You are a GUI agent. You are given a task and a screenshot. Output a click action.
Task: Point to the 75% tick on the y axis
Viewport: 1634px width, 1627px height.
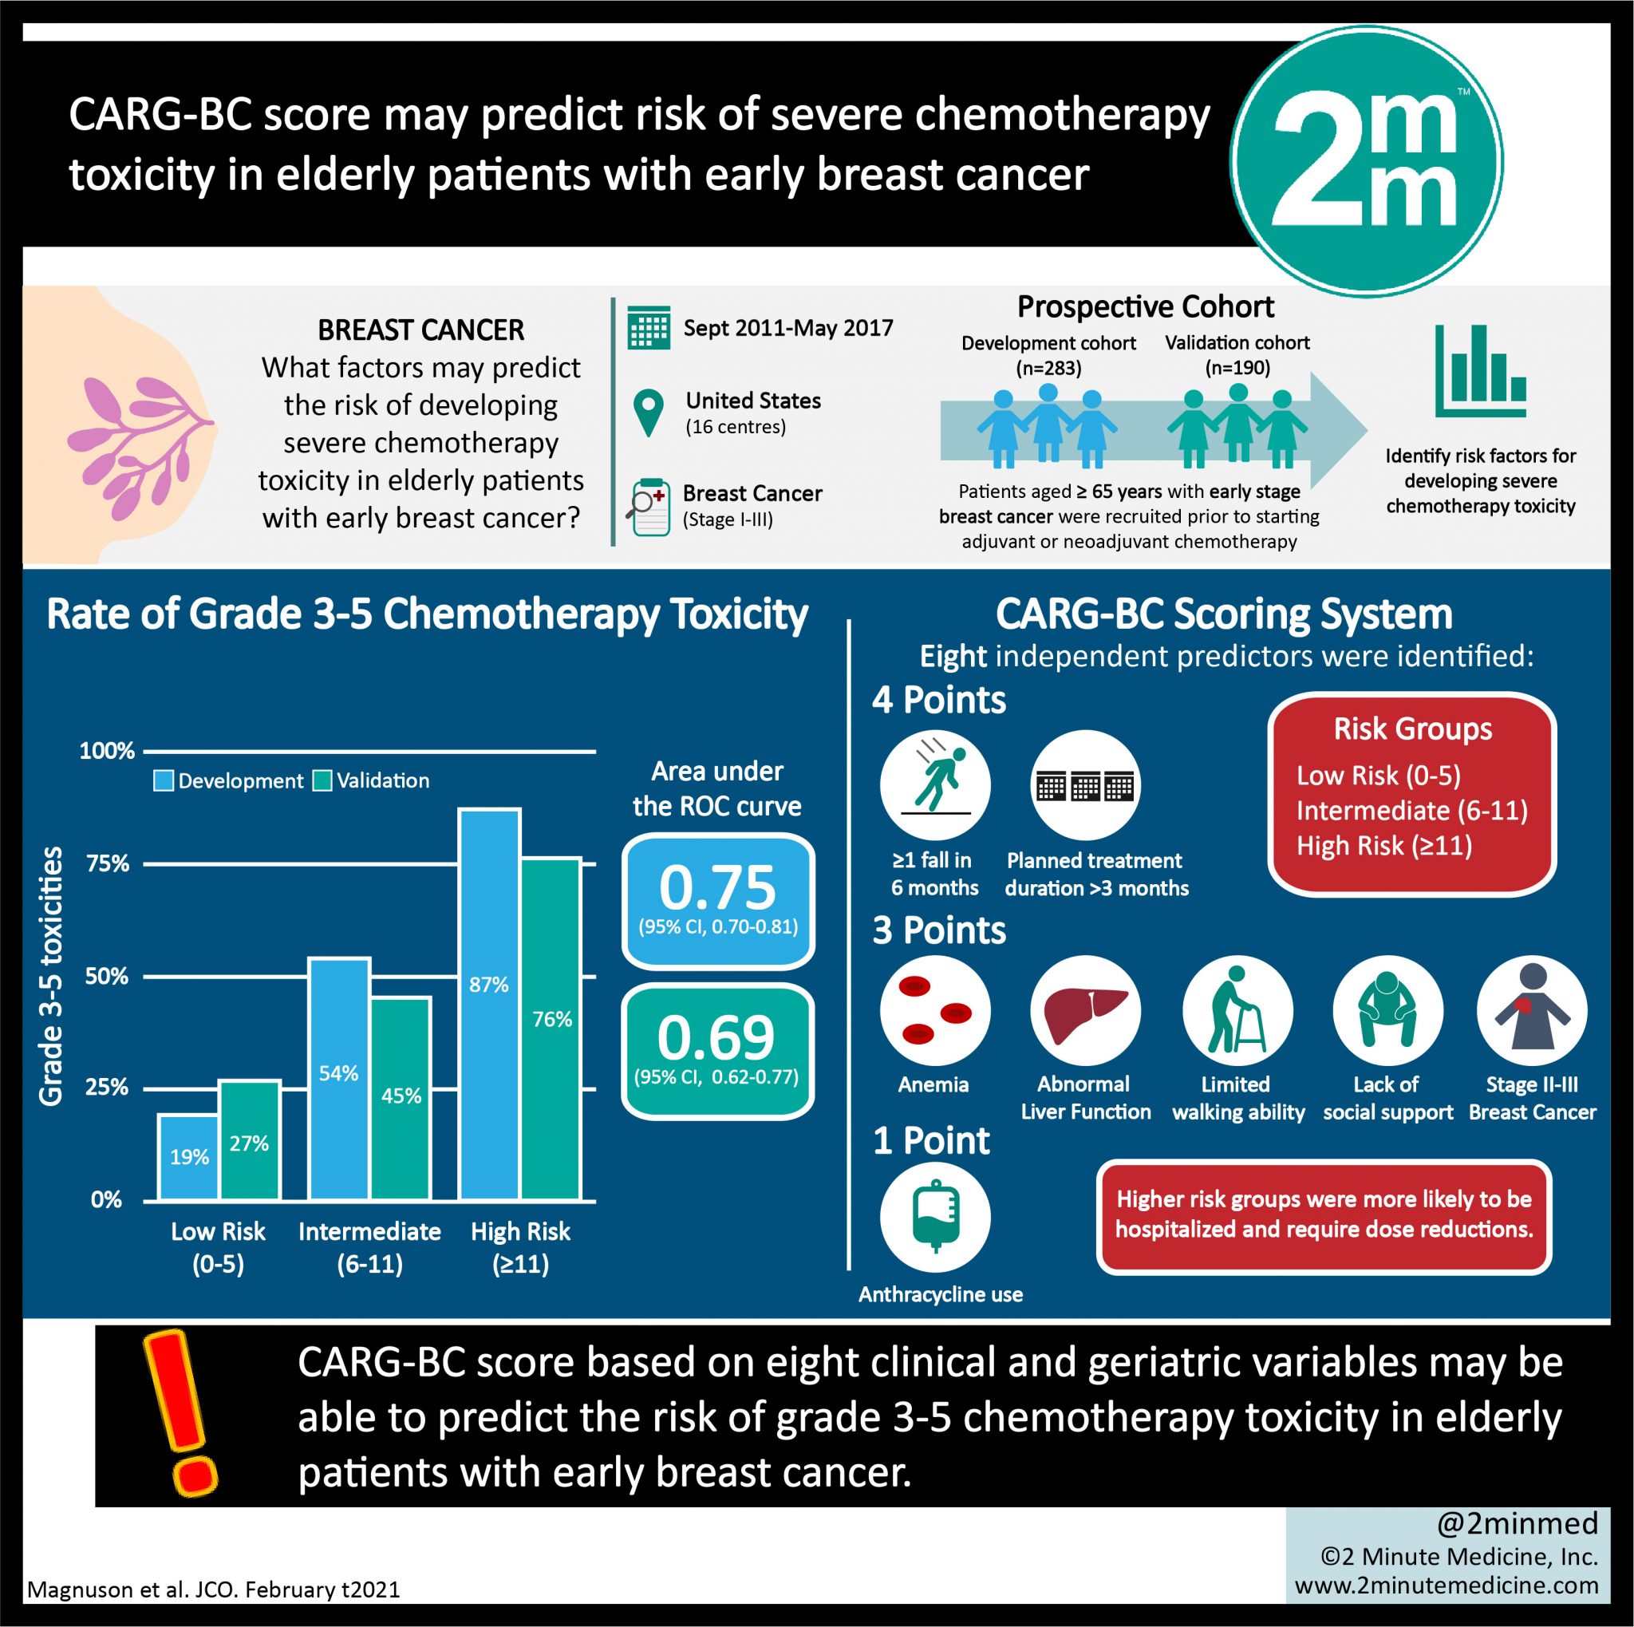[108, 863]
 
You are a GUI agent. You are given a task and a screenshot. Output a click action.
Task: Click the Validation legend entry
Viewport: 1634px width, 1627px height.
[371, 780]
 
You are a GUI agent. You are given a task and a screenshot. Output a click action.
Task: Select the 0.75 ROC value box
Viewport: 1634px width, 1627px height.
[717, 901]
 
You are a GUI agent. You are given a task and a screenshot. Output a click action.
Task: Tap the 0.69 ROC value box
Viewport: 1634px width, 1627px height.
[717, 1051]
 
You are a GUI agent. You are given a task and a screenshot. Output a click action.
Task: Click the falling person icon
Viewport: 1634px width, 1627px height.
[934, 784]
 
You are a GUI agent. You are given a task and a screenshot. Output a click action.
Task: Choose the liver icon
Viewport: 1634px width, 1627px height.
[1085, 1009]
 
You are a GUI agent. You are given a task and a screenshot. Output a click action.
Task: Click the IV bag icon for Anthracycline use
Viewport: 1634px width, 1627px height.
[934, 1217]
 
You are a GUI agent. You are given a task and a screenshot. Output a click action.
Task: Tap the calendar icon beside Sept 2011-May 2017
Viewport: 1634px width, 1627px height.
[649, 328]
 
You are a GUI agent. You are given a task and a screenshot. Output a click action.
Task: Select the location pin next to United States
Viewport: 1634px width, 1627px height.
[648, 413]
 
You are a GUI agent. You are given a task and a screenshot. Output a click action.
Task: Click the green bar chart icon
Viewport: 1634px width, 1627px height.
[1480, 371]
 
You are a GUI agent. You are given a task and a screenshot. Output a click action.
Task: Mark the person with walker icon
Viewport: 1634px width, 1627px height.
[1237, 1009]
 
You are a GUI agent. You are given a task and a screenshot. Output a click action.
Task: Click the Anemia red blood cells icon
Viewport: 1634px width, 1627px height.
[934, 1009]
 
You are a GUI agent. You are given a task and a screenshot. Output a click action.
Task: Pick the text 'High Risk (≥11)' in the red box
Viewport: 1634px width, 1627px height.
[1383, 846]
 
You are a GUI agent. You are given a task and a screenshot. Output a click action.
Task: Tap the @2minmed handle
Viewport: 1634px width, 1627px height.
[1517, 1523]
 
